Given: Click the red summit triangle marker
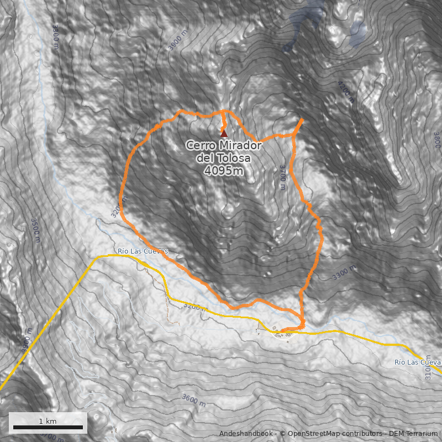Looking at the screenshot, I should click(224, 133).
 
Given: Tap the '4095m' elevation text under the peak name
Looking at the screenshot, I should click(223, 171).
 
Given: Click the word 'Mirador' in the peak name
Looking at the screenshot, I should click(239, 145).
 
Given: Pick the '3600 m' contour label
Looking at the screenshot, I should click(193, 400).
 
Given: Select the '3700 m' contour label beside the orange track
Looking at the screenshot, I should click(282, 177).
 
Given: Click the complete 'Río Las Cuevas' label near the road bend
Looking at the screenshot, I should click(142, 251).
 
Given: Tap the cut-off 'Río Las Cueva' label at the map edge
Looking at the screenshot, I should click(417, 362).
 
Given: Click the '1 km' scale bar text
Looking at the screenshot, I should click(48, 421).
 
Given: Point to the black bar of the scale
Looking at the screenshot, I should click(48, 427).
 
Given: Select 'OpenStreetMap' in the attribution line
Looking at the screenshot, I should click(313, 434).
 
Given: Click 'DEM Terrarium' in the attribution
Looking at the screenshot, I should click(413, 434).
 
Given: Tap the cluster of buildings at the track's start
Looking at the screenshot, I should click(284, 332).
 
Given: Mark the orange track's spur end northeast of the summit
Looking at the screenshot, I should click(302, 120).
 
